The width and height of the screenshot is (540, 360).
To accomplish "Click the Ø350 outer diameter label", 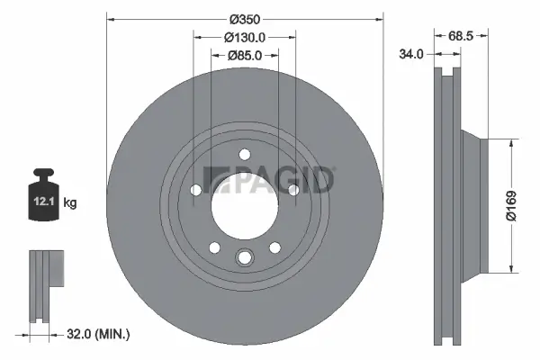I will [x=244, y=18].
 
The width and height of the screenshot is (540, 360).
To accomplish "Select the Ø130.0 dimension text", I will [x=244, y=37].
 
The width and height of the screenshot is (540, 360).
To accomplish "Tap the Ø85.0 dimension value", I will [x=244, y=55].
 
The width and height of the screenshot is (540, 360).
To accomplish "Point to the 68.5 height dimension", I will [x=461, y=36].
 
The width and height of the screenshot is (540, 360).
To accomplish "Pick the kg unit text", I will [x=70, y=203].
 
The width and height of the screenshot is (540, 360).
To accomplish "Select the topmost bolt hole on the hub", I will [x=244, y=155].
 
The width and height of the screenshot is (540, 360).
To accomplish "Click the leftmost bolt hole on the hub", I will [x=196, y=189].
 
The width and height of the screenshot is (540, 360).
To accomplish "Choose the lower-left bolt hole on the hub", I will [x=214, y=247].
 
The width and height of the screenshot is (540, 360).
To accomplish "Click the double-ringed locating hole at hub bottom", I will [x=244, y=259].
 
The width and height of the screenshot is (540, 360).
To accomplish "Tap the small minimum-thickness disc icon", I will [x=45, y=270].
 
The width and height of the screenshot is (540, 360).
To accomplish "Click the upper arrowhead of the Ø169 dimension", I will [x=512, y=142].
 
